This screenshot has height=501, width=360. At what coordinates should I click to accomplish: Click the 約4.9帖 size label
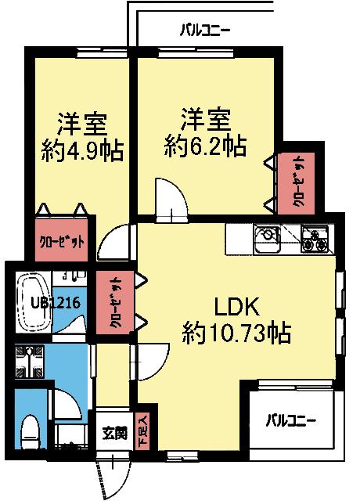82,150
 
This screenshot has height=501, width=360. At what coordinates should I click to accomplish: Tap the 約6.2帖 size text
206,145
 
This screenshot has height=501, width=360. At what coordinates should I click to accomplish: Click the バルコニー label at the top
205,31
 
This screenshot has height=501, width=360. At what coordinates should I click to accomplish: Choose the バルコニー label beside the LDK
290,420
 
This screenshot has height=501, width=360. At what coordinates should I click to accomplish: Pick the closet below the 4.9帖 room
63,240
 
